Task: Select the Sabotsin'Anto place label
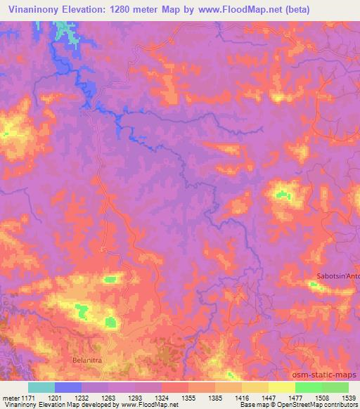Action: coord(339,275)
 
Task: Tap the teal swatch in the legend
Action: coord(41,387)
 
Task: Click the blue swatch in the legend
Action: coord(68,387)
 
